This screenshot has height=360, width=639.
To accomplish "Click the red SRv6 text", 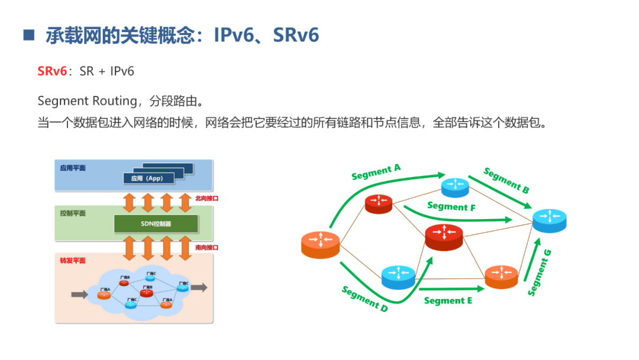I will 52,72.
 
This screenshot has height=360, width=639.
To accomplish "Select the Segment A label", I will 376,172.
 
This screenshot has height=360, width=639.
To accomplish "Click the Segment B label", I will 506,181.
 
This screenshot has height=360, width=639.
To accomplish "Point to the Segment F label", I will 451,207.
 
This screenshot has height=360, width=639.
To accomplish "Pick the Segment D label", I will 364,298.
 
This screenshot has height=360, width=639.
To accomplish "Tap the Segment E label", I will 448,301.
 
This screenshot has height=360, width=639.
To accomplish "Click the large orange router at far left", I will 320,243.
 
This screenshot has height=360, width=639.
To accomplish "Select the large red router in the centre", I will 444,236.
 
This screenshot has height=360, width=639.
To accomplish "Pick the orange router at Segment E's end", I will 502,276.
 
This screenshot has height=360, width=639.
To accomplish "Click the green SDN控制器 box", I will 156,224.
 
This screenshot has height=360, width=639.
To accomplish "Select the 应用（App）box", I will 147,178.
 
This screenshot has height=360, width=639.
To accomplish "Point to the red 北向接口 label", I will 206,198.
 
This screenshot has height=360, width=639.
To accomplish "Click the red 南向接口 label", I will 206,247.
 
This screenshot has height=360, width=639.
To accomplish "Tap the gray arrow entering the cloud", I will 79,294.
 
